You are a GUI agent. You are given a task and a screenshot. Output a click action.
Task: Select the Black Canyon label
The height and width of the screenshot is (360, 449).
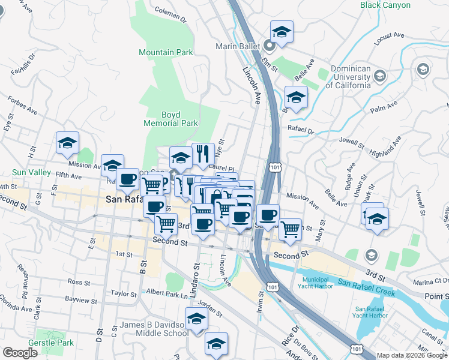[385, 5]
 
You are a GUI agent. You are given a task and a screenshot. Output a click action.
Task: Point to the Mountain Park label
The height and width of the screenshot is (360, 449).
[166, 52]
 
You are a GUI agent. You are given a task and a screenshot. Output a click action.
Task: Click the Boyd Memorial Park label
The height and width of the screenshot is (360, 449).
[170, 119]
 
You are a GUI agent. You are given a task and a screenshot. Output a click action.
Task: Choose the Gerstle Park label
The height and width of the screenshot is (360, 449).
[54, 343]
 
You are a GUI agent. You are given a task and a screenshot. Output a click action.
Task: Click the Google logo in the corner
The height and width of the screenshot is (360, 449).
[20, 352]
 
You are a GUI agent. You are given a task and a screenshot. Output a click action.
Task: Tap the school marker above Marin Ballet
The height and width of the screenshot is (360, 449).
[282, 31]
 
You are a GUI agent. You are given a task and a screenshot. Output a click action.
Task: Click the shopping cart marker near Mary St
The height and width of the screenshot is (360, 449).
[290, 228]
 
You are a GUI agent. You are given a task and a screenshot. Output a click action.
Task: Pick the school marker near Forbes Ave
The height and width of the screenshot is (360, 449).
[67, 142]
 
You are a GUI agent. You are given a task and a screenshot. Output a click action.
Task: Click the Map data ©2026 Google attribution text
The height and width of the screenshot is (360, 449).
[411, 355]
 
